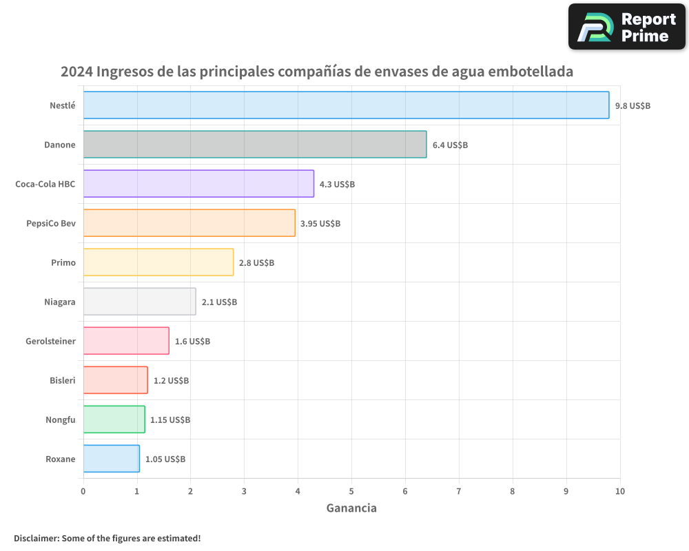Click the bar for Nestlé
(346, 105)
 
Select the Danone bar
(255, 145)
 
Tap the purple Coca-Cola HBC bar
(198, 184)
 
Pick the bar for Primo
(158, 262)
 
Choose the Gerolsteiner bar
(126, 341)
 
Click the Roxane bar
(111, 459)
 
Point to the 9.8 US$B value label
(633, 105)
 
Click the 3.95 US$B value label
(320, 223)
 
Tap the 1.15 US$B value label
(170, 419)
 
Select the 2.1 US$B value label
(219, 302)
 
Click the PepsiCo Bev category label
(51, 223)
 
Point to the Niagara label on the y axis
(59, 302)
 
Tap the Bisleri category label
(63, 380)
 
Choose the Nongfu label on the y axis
(61, 419)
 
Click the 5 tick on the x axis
(351, 491)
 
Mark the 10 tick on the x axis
(620, 491)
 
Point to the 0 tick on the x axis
(83, 491)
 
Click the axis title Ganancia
(351, 508)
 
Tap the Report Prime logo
(627, 26)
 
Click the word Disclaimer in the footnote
(36, 538)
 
